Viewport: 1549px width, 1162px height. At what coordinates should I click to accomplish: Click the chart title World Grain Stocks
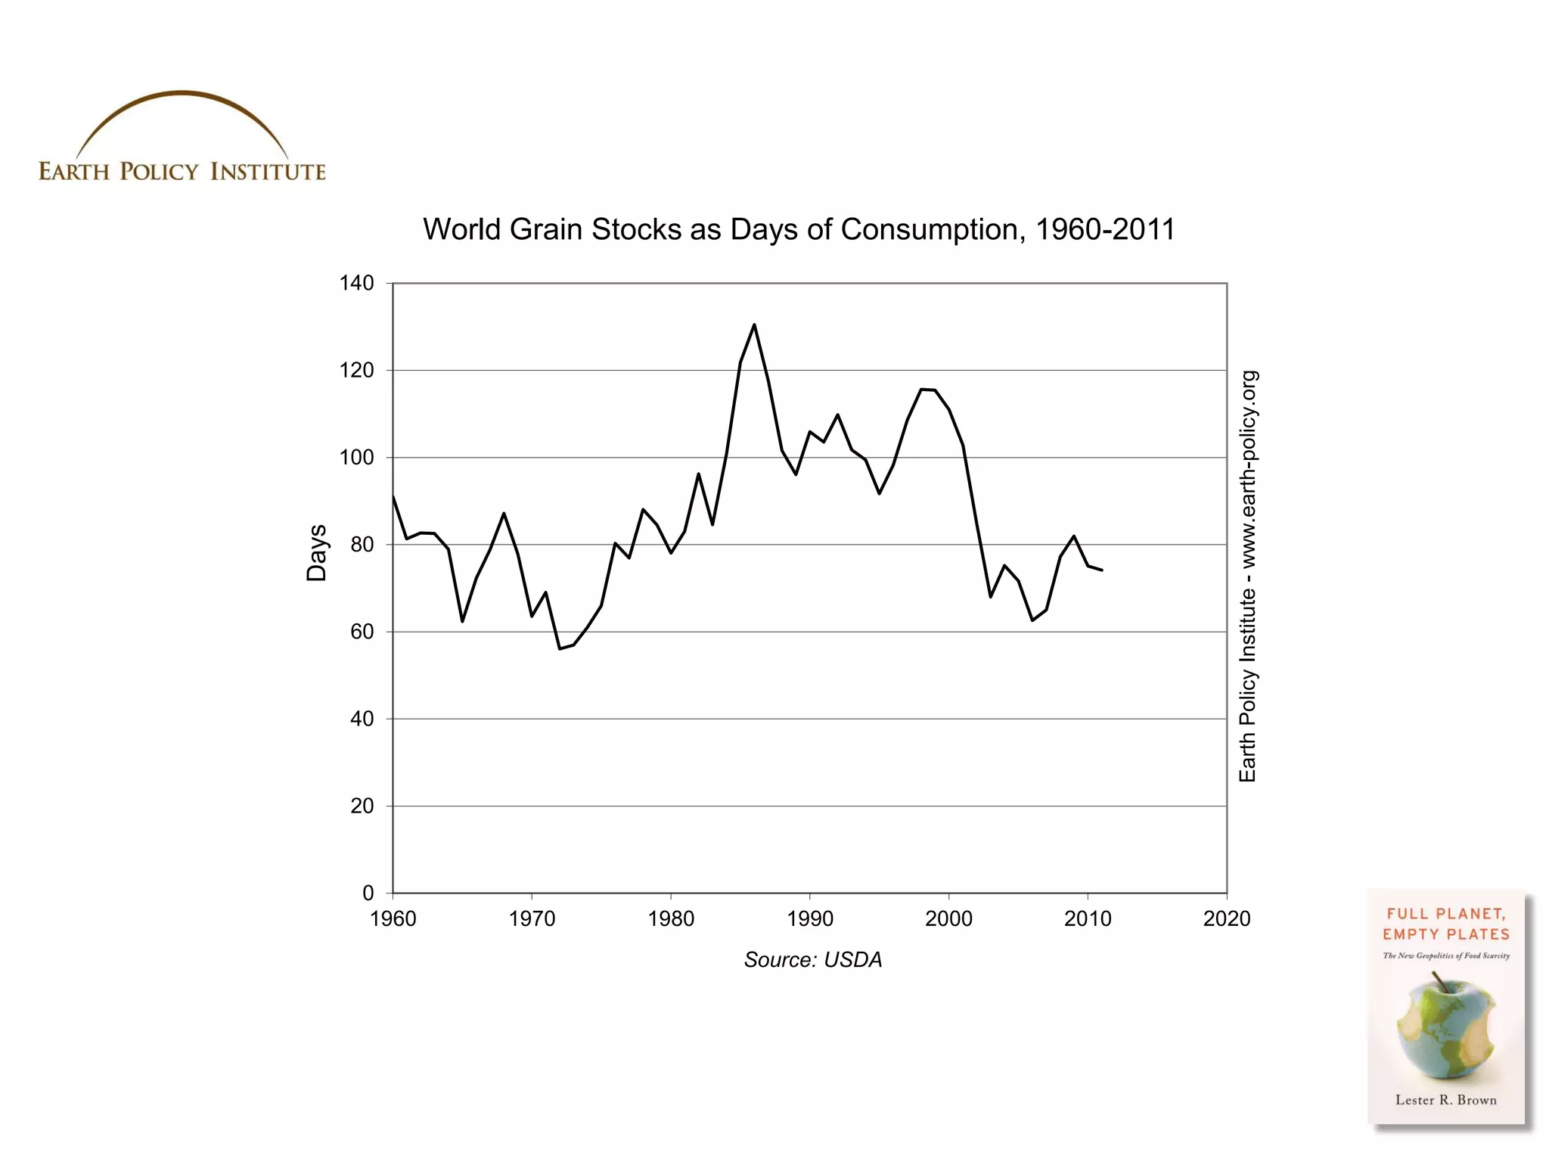click(x=799, y=229)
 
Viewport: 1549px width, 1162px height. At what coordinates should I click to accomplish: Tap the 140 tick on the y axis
click(x=356, y=283)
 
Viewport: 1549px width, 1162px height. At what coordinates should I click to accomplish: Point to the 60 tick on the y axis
click(x=362, y=632)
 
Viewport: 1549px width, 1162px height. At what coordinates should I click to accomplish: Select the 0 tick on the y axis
click(x=368, y=893)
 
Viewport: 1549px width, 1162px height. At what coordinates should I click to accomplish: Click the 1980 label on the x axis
click(x=671, y=918)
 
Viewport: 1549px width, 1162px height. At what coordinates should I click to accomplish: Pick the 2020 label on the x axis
click(x=1226, y=918)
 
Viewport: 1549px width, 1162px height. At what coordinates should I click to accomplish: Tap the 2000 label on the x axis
click(x=948, y=918)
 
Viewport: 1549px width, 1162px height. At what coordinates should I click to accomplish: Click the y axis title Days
click(x=317, y=553)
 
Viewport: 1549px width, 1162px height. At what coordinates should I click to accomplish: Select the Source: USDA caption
click(x=813, y=959)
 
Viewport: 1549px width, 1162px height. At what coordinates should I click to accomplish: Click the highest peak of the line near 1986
click(x=754, y=325)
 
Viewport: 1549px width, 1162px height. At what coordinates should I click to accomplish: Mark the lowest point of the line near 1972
click(x=560, y=648)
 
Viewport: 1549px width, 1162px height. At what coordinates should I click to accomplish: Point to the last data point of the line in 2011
click(x=1101, y=570)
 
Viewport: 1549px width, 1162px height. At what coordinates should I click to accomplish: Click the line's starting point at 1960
click(x=393, y=497)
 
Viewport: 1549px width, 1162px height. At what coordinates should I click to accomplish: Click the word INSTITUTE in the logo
click(x=268, y=172)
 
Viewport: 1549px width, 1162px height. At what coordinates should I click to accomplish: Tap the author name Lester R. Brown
click(x=1445, y=1100)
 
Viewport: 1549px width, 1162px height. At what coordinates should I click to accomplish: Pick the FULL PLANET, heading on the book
click(x=1445, y=914)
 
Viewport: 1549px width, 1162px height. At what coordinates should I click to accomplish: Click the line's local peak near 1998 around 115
click(x=921, y=389)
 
